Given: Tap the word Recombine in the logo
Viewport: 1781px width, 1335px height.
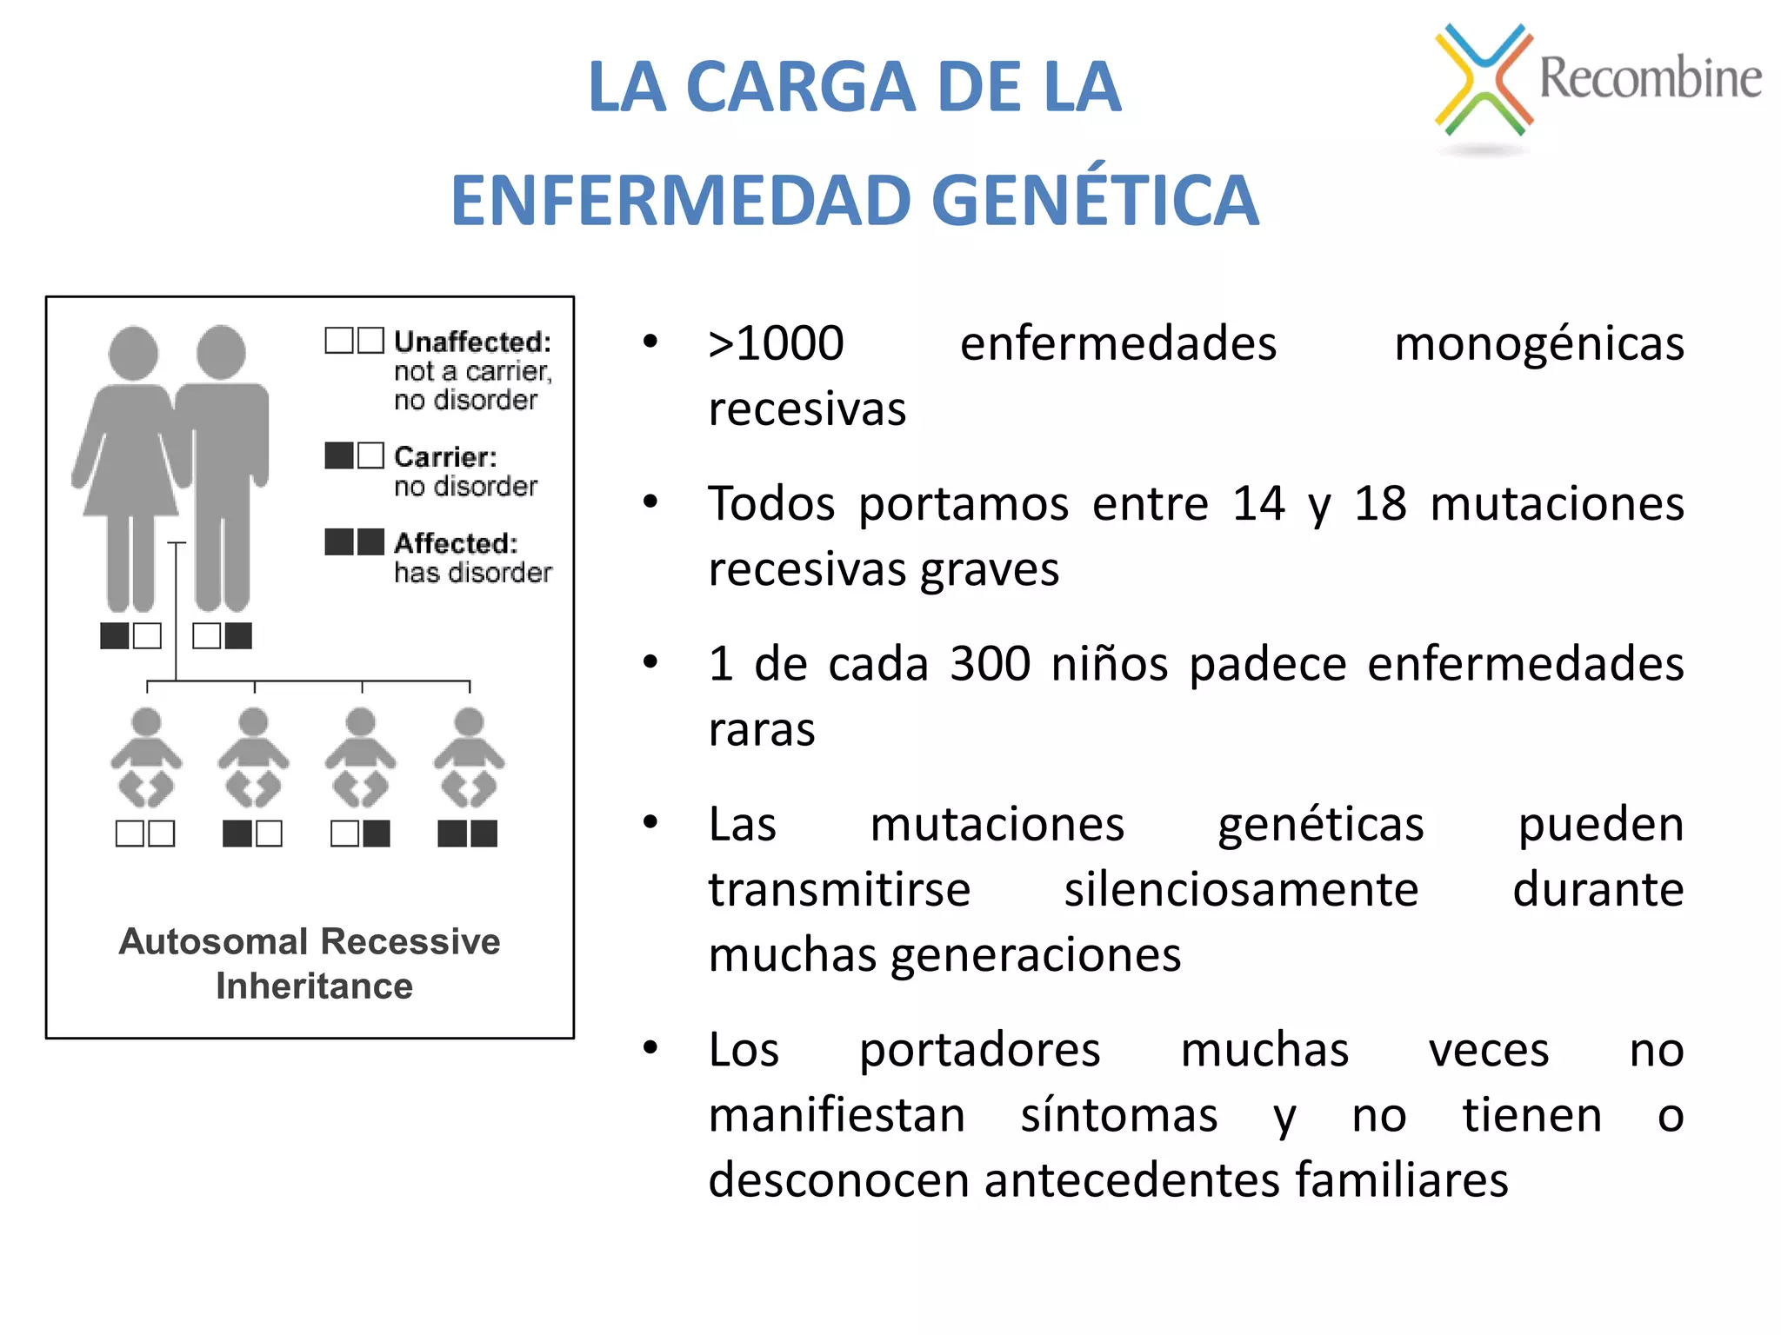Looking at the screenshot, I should pos(1650,78).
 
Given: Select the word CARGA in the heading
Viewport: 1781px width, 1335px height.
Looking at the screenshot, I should pos(800,87).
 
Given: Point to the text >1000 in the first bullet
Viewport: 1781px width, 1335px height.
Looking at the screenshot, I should pos(776,343).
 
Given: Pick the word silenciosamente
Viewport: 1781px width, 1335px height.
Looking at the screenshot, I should pos(1241,890).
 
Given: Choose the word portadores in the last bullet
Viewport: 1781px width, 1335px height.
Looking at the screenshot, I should pos(979,1050).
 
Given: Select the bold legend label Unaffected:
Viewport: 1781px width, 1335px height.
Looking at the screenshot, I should pos(472,342).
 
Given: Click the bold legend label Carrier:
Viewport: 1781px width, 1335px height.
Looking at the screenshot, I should pos(445,456).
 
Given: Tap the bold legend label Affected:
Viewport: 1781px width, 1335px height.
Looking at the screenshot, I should pos(456,543).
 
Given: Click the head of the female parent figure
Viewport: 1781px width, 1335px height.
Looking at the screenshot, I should pos(133,353).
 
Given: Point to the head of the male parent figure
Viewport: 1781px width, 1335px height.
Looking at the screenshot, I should pos(221,352).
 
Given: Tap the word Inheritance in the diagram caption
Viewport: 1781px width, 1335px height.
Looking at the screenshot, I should pos(314,986).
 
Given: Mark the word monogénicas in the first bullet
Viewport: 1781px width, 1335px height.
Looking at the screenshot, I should pos(1538,343).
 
